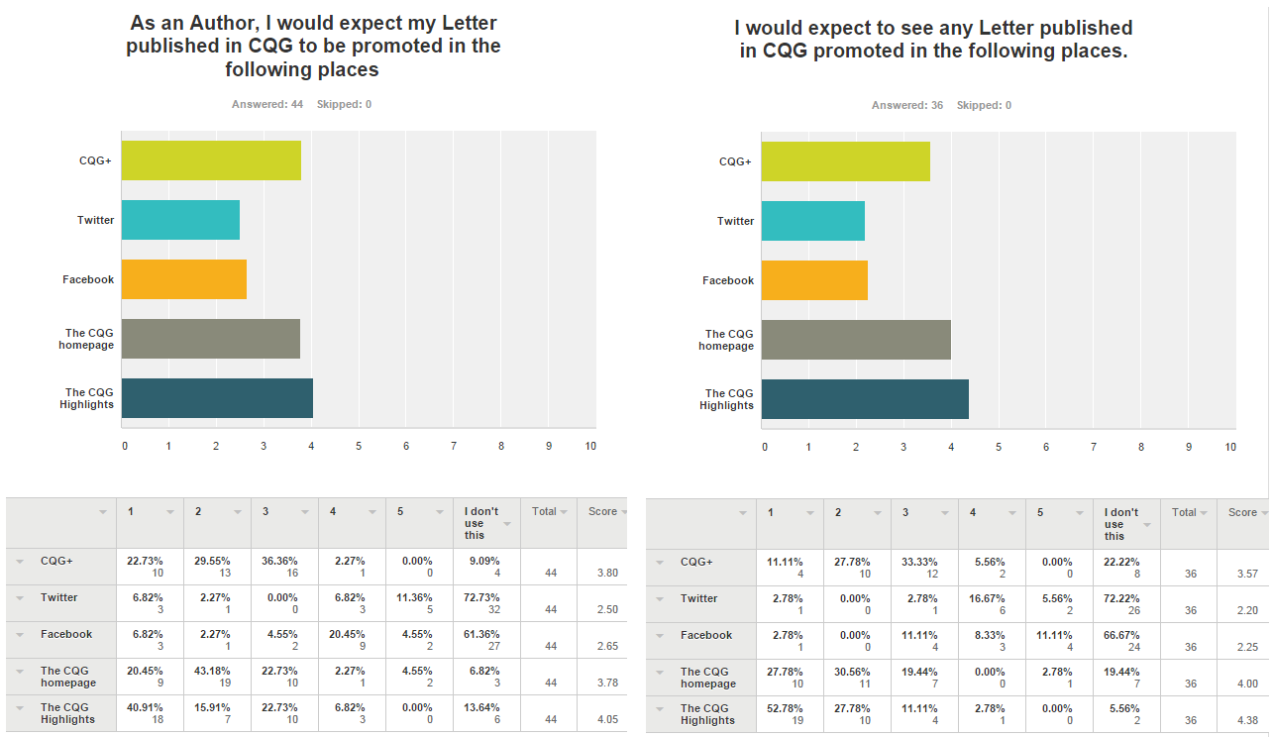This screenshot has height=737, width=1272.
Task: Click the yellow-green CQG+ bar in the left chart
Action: point(211,160)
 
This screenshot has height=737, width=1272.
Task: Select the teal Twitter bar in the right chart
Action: point(812,221)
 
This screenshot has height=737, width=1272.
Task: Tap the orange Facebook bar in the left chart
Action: point(183,279)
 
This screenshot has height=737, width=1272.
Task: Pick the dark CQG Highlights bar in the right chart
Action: point(864,399)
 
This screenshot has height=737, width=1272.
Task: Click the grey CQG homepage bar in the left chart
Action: point(210,339)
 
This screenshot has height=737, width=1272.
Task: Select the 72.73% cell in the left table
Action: point(480,597)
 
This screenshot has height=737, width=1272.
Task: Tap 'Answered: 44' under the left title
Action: point(267,104)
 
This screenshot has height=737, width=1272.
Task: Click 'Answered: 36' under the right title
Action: point(907,105)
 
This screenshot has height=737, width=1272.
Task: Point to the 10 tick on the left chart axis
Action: point(590,447)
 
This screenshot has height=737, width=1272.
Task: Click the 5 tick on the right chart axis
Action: point(999,448)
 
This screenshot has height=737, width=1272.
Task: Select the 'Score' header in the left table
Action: point(602,512)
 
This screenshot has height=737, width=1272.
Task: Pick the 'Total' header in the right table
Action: point(1184,513)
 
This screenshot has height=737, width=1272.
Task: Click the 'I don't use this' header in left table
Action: point(481,523)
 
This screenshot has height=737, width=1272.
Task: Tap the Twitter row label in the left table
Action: point(59,598)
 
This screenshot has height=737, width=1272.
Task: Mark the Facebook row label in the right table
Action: point(706,635)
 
